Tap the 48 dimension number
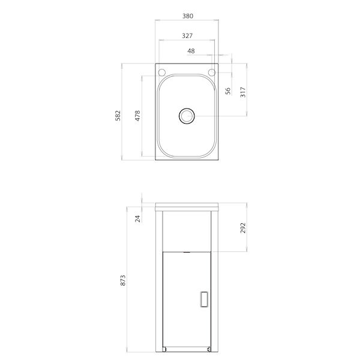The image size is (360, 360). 191,52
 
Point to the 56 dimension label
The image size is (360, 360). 228,91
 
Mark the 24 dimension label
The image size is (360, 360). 137,218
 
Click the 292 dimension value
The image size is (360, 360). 243,228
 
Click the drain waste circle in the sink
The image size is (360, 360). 187,115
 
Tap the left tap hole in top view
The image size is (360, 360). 161,73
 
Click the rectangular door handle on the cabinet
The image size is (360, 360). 204,298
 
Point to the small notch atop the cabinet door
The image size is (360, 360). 187,252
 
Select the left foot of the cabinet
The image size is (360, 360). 165,349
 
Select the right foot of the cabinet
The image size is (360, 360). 208,349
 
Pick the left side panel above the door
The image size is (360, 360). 161,231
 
